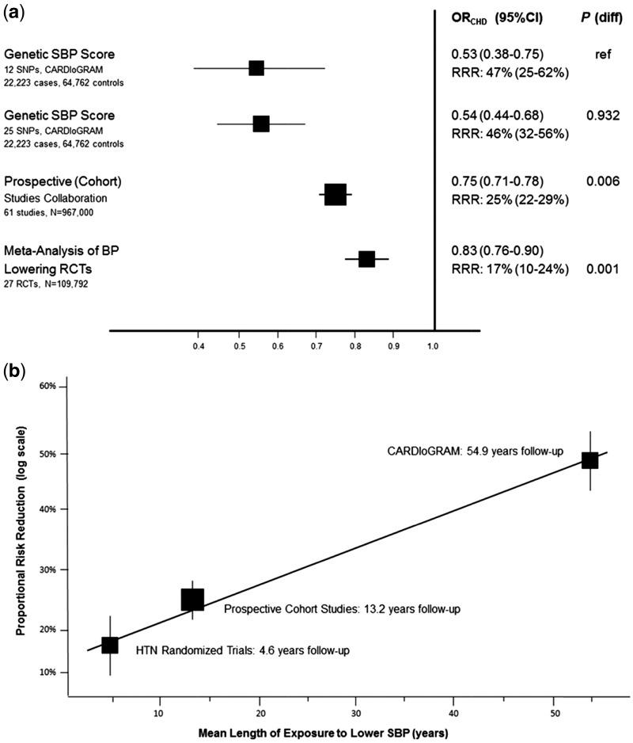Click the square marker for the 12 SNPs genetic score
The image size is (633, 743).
(x=256, y=68)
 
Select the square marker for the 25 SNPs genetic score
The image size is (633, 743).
(x=261, y=124)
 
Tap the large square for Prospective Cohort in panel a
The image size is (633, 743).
(x=335, y=194)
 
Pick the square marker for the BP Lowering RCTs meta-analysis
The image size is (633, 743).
(x=366, y=258)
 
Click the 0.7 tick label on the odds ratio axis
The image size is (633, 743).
(x=316, y=346)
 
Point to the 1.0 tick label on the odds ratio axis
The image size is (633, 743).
(x=433, y=346)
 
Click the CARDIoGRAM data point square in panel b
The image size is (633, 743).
(x=589, y=461)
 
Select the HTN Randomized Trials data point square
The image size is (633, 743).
(x=110, y=645)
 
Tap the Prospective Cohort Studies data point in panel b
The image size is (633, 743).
(x=192, y=600)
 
